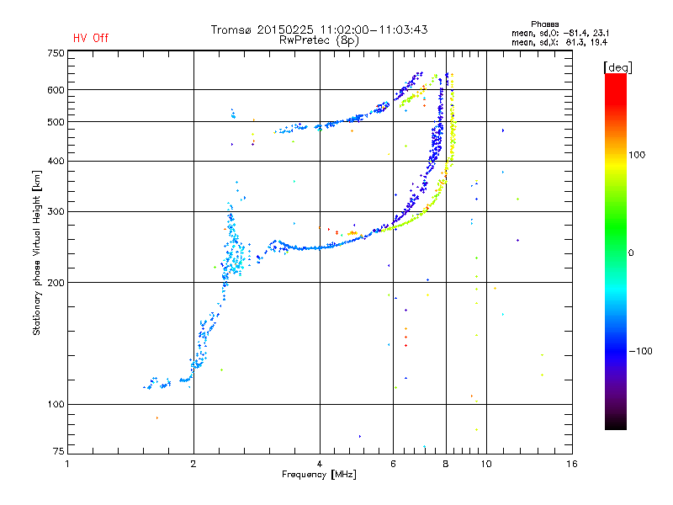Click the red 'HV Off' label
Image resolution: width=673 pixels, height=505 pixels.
[x=91, y=38]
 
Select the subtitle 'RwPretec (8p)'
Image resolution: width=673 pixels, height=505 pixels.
[x=319, y=40]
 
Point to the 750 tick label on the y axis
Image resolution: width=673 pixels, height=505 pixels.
[x=56, y=53]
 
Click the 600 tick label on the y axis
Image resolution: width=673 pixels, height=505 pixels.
[x=56, y=90]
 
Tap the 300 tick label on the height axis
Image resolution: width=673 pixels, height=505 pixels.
[x=56, y=212]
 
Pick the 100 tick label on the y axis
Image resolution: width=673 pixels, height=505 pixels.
[x=56, y=405]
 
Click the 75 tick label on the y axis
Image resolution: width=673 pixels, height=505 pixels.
[x=58, y=451]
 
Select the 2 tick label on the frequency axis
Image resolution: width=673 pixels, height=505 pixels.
[x=193, y=464]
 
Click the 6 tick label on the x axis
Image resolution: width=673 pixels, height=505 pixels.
[x=393, y=464]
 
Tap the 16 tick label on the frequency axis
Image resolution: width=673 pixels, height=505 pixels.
[x=572, y=464]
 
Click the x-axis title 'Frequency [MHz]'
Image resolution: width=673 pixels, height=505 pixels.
[x=319, y=475]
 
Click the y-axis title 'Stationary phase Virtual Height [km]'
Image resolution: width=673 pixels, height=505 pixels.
[x=37, y=253]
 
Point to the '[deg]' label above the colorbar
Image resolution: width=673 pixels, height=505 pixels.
[x=617, y=67]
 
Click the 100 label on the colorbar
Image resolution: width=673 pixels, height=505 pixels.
[x=637, y=155]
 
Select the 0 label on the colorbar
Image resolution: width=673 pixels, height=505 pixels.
[x=631, y=253]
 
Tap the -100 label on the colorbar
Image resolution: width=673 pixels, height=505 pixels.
[x=640, y=351]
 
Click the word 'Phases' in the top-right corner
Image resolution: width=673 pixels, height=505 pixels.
[x=544, y=24]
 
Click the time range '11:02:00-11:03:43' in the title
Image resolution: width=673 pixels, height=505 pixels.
[x=374, y=29]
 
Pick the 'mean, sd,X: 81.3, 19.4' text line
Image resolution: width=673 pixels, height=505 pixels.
[x=559, y=43]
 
